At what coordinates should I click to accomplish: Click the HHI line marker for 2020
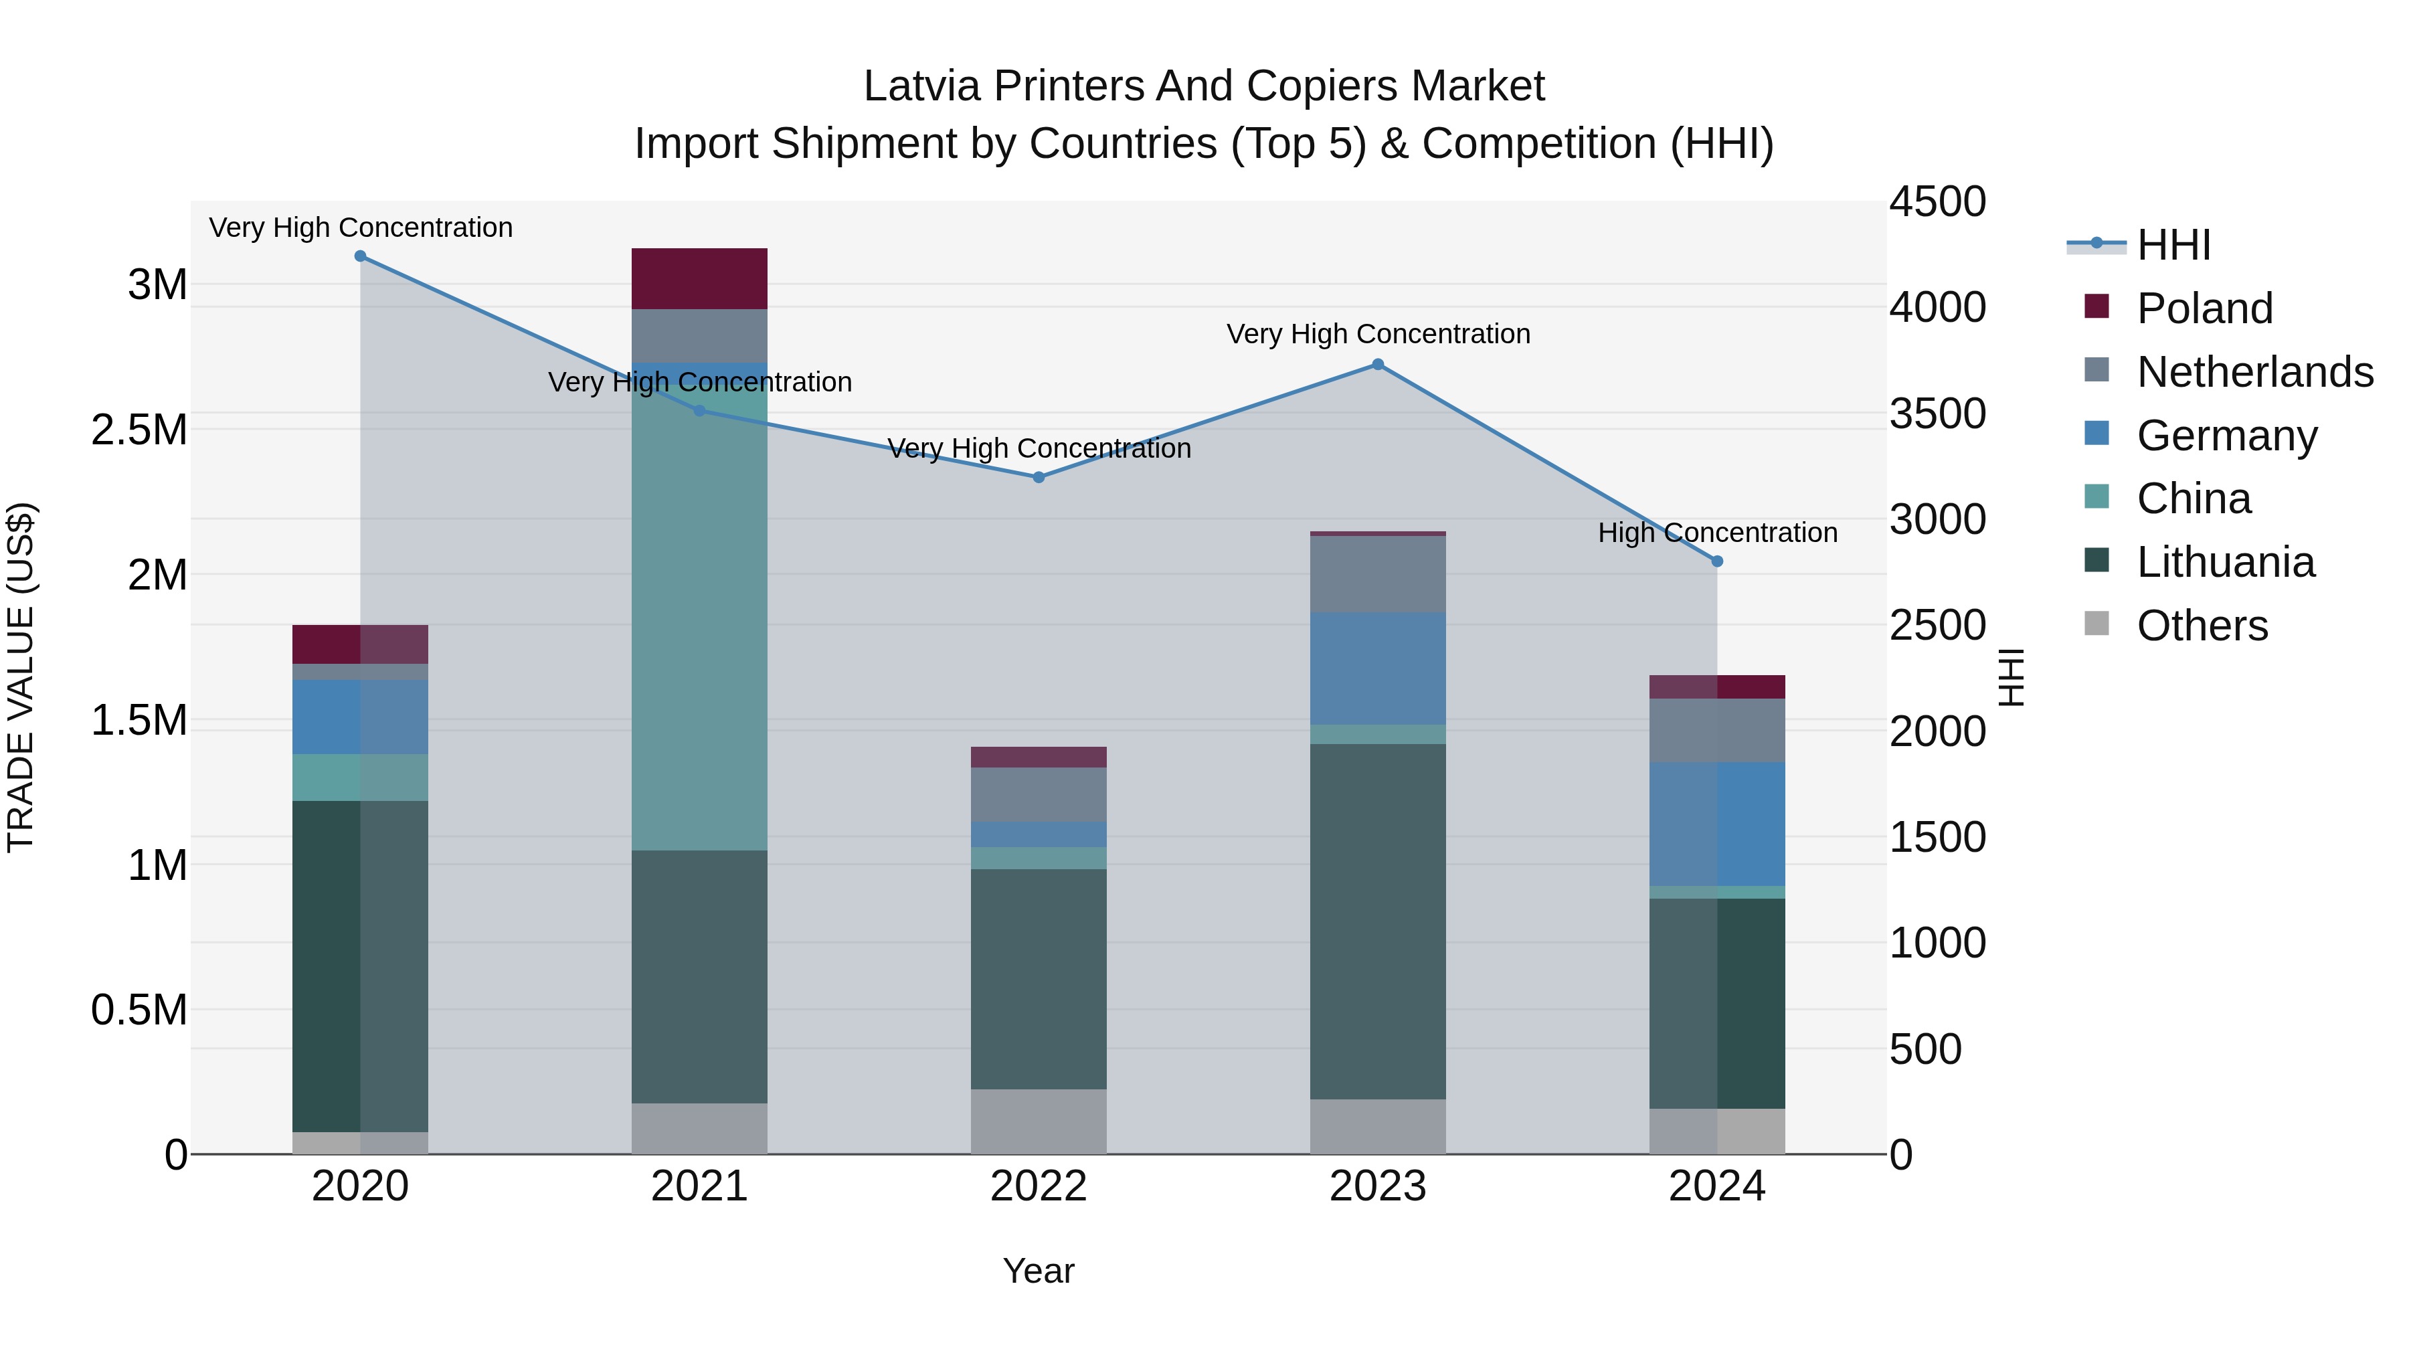[x=360, y=256]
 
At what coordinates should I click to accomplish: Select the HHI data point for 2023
[x=1378, y=365]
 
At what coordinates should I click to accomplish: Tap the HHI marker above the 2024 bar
[x=1717, y=561]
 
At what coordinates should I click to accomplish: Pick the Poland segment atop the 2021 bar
[x=699, y=278]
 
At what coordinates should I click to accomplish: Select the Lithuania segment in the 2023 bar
[x=1378, y=921]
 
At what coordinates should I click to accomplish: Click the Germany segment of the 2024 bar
[x=1717, y=823]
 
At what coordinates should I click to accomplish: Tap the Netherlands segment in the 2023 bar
[x=1378, y=574]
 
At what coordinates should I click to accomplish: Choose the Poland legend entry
[x=2204, y=308]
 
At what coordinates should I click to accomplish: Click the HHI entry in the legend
[x=2173, y=245]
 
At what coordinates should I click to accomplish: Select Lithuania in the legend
[x=2225, y=562]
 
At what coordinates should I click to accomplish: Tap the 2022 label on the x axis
[x=1038, y=1186]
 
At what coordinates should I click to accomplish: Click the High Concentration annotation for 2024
[x=1717, y=533]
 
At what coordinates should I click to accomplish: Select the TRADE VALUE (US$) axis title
[x=21, y=677]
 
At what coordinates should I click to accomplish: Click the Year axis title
[x=1038, y=1271]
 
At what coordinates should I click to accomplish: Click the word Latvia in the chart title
[x=922, y=86]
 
